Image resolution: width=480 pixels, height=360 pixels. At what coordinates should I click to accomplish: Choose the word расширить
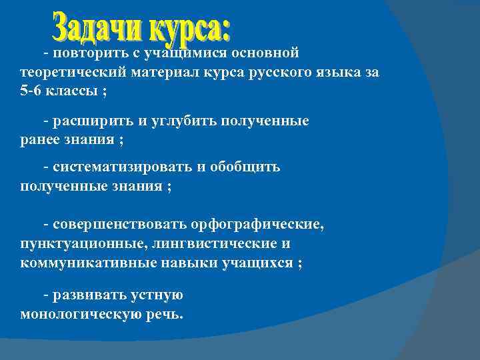(93, 121)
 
